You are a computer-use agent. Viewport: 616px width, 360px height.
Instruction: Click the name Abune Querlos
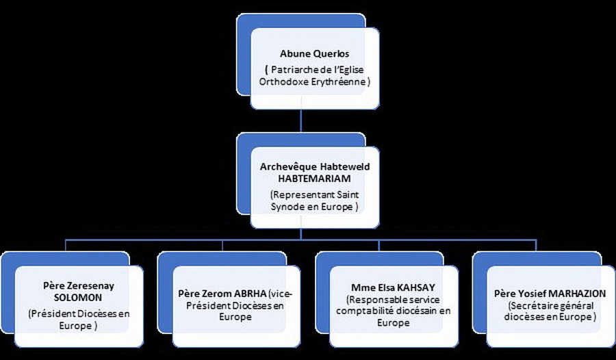coord(314,54)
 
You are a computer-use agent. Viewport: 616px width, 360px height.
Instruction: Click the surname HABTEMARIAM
coord(314,179)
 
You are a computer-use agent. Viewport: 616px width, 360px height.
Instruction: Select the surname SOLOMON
coord(78,298)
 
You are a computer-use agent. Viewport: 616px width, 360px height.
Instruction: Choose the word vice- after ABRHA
coord(281,294)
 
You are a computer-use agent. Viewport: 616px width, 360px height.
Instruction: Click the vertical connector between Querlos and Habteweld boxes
coord(301,120)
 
